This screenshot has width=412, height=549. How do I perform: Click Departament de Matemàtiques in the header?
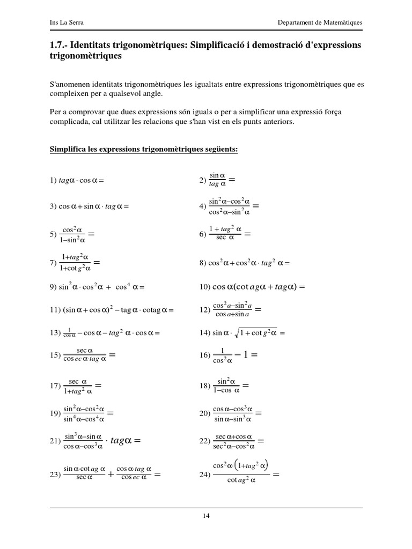[x=320, y=23]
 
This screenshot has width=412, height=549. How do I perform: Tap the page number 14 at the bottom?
[x=206, y=516]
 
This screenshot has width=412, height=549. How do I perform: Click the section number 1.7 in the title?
[x=58, y=45]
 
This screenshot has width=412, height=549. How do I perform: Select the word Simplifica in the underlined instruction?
[x=67, y=150]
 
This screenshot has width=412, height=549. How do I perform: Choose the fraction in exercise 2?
[x=217, y=180]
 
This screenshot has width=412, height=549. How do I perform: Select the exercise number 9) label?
[x=53, y=287]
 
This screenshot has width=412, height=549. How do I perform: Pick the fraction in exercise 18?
[x=225, y=385]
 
